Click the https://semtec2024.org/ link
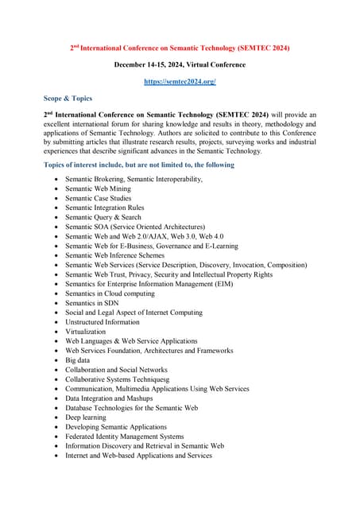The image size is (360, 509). coord(180,81)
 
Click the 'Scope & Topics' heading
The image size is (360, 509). coord(68,99)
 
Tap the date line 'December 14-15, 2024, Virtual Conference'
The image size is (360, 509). coord(180,64)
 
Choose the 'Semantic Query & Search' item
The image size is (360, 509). coord(103,217)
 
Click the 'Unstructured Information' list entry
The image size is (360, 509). coord(102,322)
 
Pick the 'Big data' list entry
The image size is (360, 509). coord(79,360)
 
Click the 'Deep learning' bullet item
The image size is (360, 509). coord(86,418)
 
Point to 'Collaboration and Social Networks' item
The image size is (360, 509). coord(116,370)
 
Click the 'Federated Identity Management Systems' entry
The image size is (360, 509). coord(124,437)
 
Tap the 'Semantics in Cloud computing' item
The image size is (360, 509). coord(110,293)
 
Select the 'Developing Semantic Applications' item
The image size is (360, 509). coord(116,427)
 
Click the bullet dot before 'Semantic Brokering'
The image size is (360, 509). coord(55,180)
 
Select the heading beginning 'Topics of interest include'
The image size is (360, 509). coord(139,165)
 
